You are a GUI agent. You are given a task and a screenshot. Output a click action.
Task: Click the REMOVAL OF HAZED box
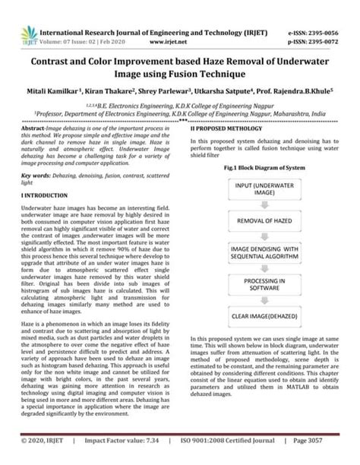pos(270,221)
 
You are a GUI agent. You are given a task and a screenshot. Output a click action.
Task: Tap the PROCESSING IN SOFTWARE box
pos(270,285)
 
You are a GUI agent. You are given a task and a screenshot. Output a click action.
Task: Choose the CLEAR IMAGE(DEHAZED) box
pos(270,315)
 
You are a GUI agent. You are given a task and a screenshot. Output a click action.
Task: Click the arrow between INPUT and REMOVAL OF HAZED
pos(270,207)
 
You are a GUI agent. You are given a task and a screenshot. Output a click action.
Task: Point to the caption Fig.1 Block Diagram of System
pos(270,167)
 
